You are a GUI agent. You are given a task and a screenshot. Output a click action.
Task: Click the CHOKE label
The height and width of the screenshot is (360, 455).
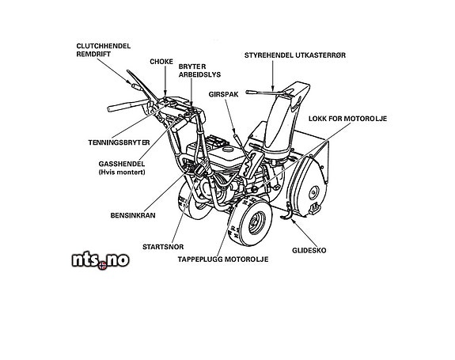[161, 62]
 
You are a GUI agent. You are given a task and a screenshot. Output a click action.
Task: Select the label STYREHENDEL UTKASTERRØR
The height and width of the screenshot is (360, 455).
[295, 55]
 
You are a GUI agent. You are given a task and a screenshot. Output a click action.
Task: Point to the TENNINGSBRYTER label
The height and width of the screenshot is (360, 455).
[119, 142]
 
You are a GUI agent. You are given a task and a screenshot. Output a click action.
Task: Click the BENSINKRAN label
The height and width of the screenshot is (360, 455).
[133, 215]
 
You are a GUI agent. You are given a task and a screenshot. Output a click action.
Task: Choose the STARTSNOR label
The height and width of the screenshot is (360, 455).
[163, 247]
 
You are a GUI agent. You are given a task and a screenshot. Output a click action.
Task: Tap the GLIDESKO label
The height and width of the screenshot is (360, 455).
[309, 251]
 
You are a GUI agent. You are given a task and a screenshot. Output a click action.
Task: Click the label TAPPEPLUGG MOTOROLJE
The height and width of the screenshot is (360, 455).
[223, 260]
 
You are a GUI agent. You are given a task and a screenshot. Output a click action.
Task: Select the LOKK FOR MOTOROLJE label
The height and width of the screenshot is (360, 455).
[347, 119]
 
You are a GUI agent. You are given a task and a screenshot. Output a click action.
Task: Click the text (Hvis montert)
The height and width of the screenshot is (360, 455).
[122, 172]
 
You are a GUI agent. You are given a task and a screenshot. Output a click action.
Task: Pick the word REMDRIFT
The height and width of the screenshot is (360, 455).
[93, 55]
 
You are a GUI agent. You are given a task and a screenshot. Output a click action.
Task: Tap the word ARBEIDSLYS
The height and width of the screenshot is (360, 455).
[199, 75]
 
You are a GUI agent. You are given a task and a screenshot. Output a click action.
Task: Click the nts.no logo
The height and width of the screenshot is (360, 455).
[100, 260]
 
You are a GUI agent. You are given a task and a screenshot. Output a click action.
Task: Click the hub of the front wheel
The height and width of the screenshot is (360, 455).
[256, 222]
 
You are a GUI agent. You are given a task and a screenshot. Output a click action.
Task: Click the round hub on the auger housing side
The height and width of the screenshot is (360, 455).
[313, 192]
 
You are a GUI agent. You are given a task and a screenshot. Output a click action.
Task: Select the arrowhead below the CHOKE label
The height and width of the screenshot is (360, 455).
[165, 93]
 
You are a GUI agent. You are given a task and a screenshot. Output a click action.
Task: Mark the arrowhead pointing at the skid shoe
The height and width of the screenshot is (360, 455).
[293, 221]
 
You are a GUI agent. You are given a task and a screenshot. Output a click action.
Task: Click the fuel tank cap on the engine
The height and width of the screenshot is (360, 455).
[228, 150]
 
